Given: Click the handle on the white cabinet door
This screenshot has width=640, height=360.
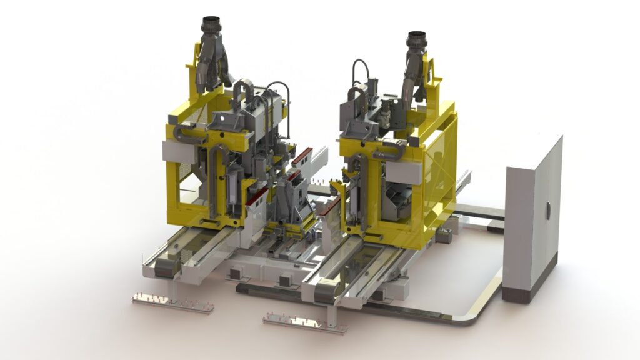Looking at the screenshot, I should point(548,211).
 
